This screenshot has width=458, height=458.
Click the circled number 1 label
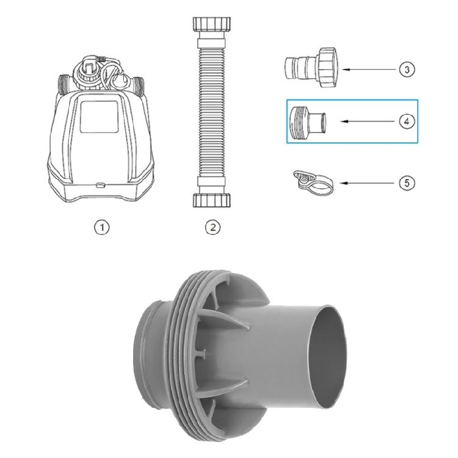(x=103, y=227)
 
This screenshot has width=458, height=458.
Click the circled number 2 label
(x=212, y=227)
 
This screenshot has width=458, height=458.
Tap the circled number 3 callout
(x=407, y=69)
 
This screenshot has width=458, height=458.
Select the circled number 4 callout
(x=407, y=121)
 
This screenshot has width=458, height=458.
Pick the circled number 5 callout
(x=407, y=182)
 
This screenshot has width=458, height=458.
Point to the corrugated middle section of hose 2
(x=211, y=113)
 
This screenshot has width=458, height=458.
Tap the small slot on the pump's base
(x=100, y=181)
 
